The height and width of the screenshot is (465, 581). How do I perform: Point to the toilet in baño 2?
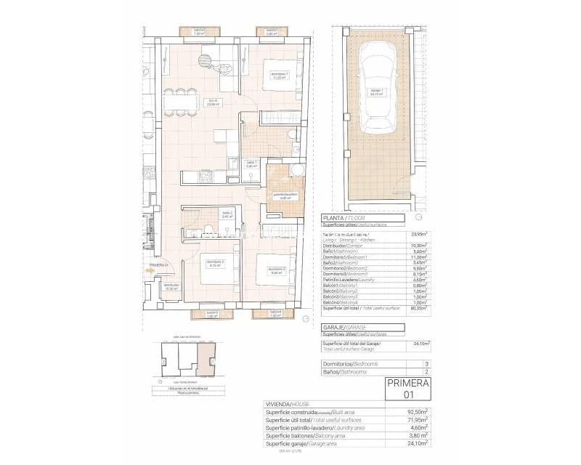207,230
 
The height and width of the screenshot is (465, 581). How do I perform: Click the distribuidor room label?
171,287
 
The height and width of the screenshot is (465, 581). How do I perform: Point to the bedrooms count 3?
426,363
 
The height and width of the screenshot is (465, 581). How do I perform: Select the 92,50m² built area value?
417,411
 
